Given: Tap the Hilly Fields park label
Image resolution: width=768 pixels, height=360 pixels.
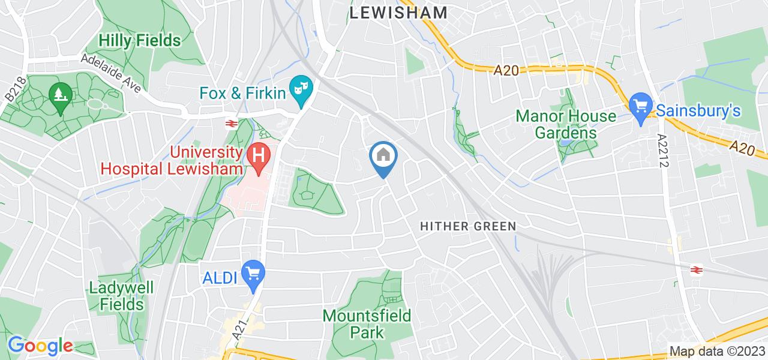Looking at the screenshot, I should point(140,41).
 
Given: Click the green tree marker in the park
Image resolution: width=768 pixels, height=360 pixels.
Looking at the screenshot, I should point(60,95).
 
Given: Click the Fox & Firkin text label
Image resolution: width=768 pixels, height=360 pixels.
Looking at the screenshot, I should point(242,92).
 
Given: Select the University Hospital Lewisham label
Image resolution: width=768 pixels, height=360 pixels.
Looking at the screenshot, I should point(173,161).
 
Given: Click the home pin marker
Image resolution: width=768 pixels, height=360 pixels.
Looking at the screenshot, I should point(383,157).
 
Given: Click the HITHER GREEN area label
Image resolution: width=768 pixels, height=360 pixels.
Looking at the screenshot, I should point(468,226).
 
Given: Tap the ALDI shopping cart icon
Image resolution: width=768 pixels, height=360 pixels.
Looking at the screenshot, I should point(253,274).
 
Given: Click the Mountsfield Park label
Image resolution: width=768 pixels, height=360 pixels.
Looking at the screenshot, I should point(367,323).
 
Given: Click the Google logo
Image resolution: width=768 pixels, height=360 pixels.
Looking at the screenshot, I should point(40,346).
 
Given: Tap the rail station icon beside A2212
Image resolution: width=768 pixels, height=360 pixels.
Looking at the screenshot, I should point(697,269).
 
